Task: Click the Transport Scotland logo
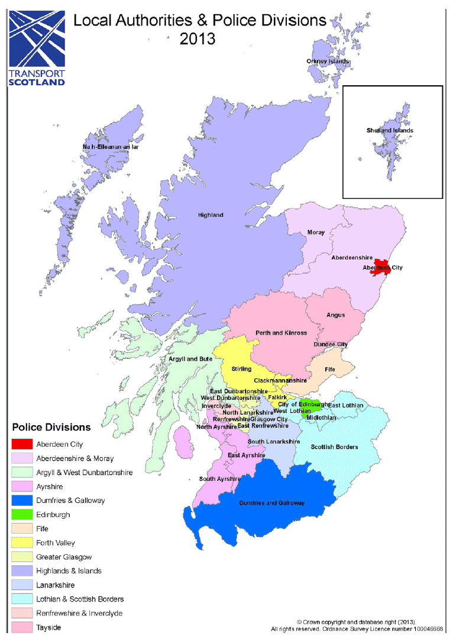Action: pos(37,48)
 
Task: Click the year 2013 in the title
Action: pos(198,40)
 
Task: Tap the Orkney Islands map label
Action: pos(327,61)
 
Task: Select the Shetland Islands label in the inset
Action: pos(390,130)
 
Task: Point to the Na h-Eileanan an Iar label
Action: pos(111,147)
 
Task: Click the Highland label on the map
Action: pos(211,215)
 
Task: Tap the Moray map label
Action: pos(316,232)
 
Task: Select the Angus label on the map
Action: pos(336,315)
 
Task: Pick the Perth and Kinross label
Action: pos(281,333)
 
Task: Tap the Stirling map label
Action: pos(241,369)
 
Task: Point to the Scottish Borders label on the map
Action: pos(334,447)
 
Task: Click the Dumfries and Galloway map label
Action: pos(272,503)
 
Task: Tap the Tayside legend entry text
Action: pos(48,627)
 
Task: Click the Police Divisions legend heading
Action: pos(51,427)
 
